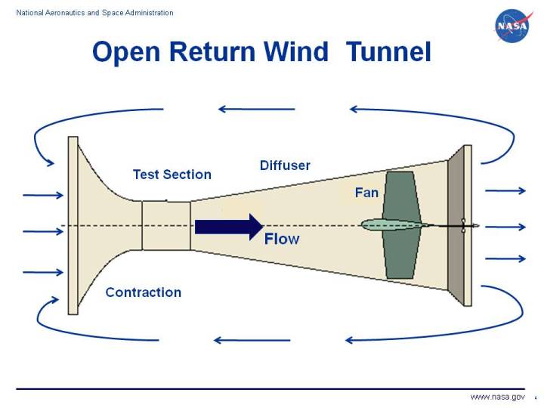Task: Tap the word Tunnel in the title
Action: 388,52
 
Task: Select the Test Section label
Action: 172,175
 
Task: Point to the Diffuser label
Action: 285,165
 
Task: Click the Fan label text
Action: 366,193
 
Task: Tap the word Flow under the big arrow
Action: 282,240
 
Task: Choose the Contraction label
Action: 143,292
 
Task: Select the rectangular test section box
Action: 165,225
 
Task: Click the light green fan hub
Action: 388,224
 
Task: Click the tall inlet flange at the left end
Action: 73,225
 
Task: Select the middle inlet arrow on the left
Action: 43,232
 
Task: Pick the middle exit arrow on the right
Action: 504,227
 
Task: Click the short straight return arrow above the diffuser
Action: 256,109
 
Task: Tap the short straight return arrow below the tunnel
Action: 241,340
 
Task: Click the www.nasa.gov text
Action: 496,397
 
